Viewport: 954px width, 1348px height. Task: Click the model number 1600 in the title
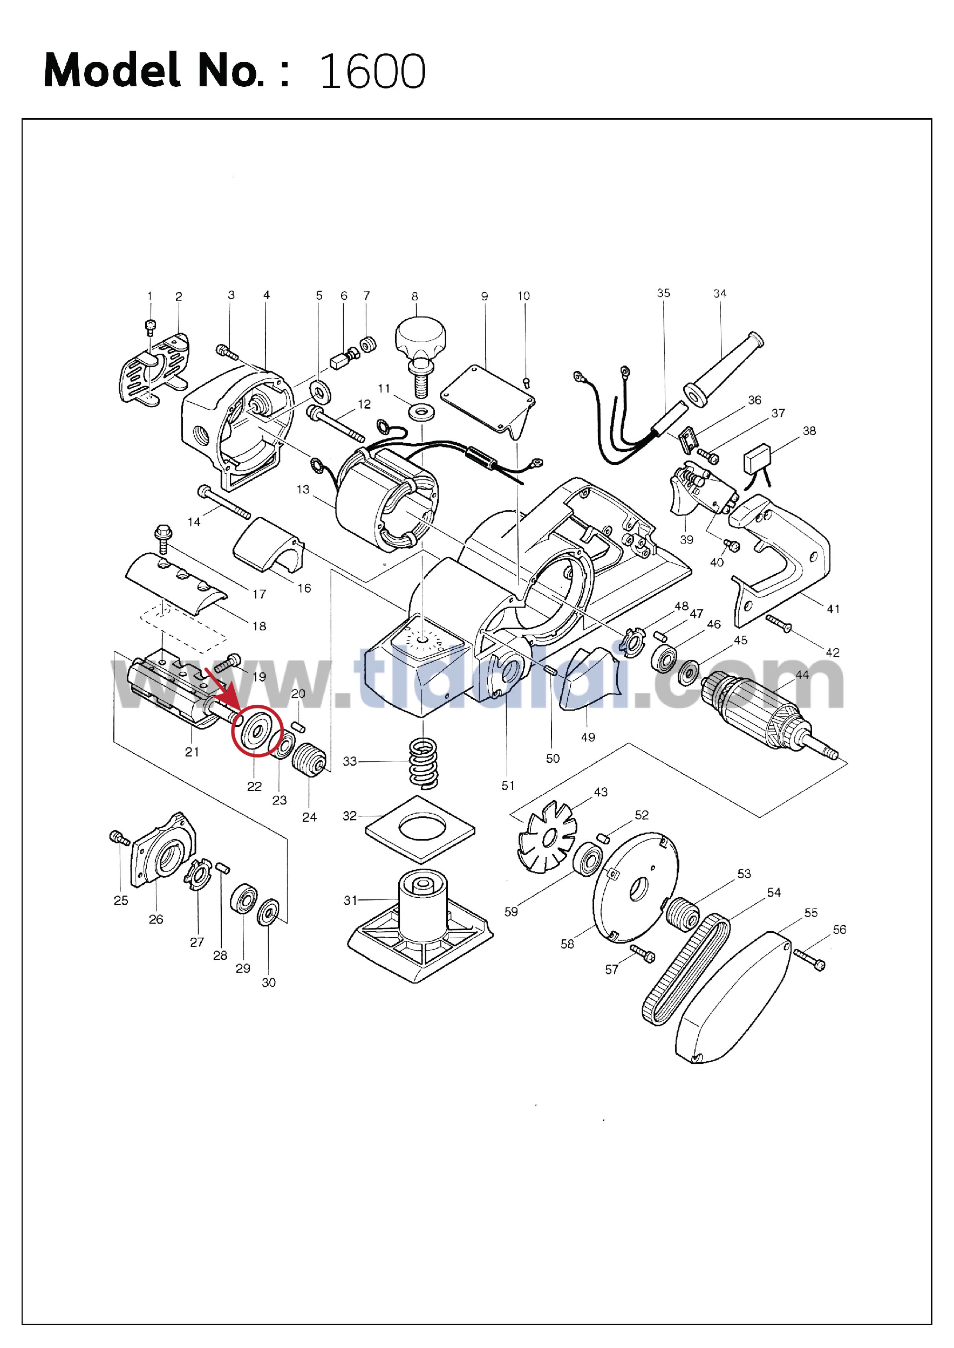pos(372,72)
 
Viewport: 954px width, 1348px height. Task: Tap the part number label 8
pos(415,297)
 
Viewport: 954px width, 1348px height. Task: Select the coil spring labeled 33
pos(423,762)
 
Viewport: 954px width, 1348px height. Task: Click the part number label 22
pos(254,786)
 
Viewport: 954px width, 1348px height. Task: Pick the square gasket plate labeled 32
pos(420,828)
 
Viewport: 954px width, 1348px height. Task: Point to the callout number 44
pos(802,675)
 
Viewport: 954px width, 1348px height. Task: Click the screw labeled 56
pos(809,959)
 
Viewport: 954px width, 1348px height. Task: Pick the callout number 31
pos(350,900)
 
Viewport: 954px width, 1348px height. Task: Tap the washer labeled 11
pos(422,411)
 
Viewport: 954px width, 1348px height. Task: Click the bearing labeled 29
pos(244,898)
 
